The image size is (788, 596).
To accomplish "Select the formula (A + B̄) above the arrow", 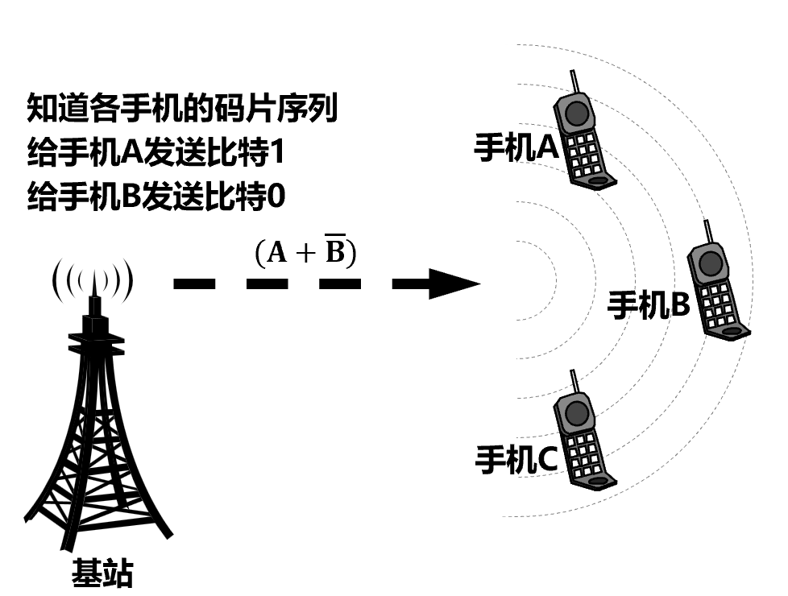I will click(305, 253).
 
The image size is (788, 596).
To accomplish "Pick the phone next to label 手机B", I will click(716, 290).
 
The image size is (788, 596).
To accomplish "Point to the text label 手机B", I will click(648, 305).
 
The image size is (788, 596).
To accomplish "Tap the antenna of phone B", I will click(707, 232).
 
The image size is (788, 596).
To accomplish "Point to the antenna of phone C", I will click(574, 383).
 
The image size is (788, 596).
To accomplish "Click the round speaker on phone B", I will click(710, 263).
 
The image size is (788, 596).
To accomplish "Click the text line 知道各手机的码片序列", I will click(182, 108).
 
